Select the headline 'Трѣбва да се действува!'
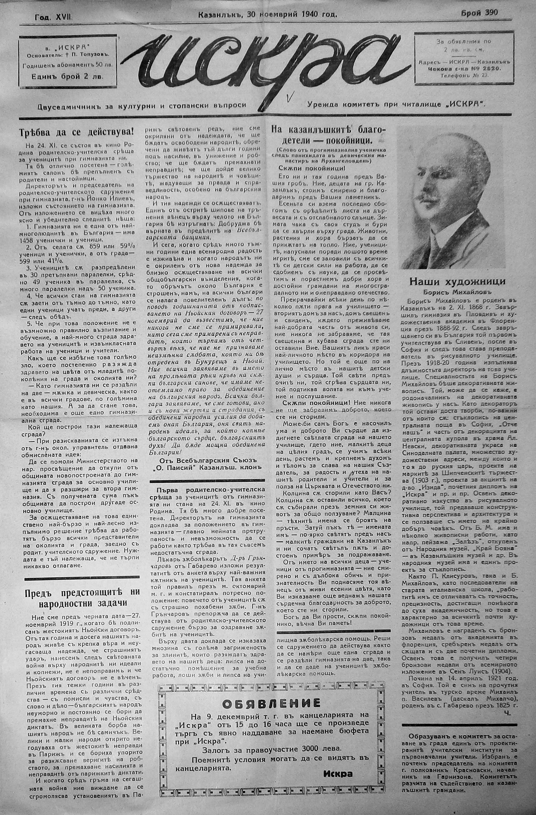pos(76,132)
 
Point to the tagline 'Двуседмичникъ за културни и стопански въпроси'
pos(142,105)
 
